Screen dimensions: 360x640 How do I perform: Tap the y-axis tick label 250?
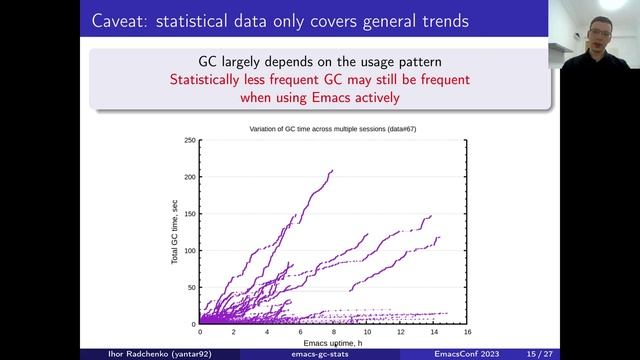click(x=189, y=140)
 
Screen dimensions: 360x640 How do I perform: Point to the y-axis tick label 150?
click(x=189, y=214)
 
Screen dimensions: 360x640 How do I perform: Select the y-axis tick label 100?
click(x=189, y=251)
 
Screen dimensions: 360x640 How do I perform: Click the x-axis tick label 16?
click(x=467, y=332)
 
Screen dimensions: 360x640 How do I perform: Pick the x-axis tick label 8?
click(x=333, y=332)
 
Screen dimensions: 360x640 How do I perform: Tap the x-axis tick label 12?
click(x=400, y=332)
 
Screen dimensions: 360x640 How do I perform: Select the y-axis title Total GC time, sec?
click(x=174, y=233)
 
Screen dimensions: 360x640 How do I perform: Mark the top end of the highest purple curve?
click(x=332, y=171)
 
